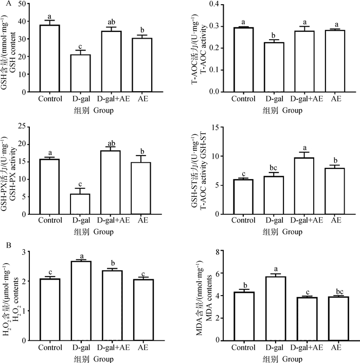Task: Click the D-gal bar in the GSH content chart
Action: [80, 73]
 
